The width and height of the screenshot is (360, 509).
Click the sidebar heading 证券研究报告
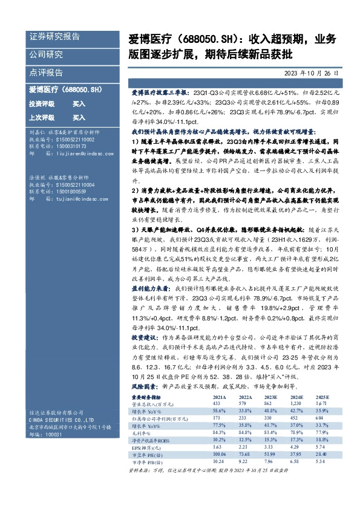coord(55,36)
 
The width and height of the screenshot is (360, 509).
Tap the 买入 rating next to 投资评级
coord(79,103)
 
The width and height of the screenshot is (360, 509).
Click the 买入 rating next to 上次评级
coord(79,117)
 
